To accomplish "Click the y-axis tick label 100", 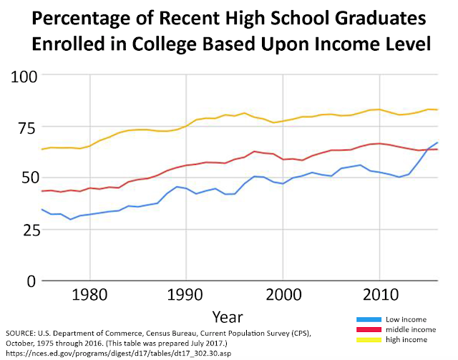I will [x=21, y=75].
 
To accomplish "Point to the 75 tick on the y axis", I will [x=25, y=127].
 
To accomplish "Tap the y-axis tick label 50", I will [x=25, y=177].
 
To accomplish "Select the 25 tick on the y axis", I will [x=25, y=230].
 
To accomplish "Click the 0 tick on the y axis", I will [x=30, y=281].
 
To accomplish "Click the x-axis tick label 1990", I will [x=186, y=293].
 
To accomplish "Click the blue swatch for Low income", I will [x=370, y=319].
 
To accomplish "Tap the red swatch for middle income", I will [x=370, y=329].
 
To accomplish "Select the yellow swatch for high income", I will [x=370, y=340].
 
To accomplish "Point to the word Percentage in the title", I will [x=103, y=19].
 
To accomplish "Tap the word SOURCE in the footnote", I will [x=24, y=334].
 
